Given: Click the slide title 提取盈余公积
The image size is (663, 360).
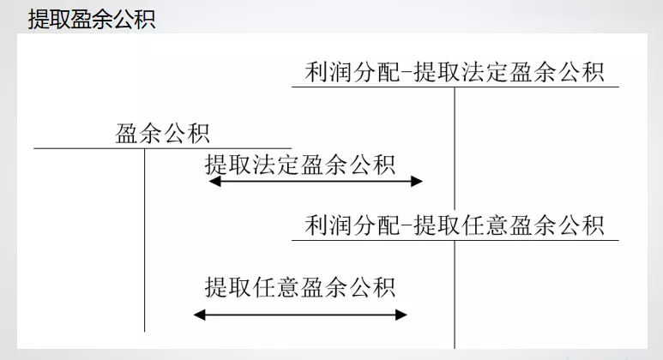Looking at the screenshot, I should pos(92,19).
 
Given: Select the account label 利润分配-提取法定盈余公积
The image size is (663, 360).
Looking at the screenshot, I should pos(455,72).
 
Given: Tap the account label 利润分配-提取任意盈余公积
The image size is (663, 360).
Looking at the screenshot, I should pos(455,225).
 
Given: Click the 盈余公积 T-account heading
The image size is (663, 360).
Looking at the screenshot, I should pos(163,135).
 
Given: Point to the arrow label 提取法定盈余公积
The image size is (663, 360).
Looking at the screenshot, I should pos(300,165).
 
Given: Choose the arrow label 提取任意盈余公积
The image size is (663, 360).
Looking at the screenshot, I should pos(300,285).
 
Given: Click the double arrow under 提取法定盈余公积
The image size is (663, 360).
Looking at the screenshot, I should pos(316,181).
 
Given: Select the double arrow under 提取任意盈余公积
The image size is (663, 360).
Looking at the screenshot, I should pos(300,315).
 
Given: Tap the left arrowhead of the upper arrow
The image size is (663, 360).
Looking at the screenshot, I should pos(214,181).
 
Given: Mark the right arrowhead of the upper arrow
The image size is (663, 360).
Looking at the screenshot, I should pos(418,181).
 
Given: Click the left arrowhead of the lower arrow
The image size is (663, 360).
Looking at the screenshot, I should pos(199,315).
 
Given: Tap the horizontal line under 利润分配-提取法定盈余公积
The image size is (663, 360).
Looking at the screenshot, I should pos(532,87).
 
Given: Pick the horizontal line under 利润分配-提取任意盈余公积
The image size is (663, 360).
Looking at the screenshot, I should pos(532,240).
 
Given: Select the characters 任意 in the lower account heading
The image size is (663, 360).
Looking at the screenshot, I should pos(497,225).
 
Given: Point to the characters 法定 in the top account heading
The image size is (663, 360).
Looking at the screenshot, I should pos(497,72).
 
